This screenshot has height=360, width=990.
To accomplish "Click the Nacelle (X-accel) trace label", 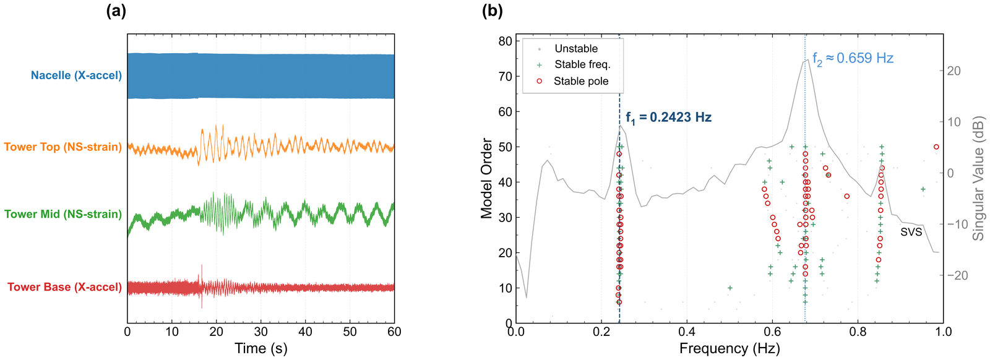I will [x=76, y=75].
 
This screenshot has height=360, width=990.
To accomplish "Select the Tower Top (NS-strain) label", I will [x=63, y=147].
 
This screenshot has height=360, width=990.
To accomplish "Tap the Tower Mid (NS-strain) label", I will [x=63, y=214].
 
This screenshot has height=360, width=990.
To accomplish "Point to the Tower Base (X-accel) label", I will [x=64, y=287].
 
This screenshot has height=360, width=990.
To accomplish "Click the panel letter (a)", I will [x=116, y=11].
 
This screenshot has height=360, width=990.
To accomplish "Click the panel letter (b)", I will [x=492, y=11].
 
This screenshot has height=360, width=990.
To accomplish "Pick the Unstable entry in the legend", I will [x=576, y=48].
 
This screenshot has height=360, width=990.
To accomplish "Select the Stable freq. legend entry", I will [x=582, y=64].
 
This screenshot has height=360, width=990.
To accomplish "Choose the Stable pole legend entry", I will [x=581, y=81].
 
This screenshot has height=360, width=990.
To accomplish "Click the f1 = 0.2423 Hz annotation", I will [x=668, y=118].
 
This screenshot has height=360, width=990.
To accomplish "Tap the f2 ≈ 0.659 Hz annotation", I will [x=853, y=59].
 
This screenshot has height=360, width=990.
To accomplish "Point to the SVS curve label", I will [x=911, y=232].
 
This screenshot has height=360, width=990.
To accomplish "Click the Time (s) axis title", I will [x=260, y=348].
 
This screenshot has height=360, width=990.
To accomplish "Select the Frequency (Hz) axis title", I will [x=729, y=348].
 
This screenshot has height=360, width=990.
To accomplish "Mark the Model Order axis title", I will [x=486, y=178].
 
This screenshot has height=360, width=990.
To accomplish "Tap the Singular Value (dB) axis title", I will [x=978, y=178].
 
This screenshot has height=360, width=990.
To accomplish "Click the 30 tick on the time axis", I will [x=260, y=332].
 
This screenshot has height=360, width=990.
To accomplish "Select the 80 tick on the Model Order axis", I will [x=505, y=41].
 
